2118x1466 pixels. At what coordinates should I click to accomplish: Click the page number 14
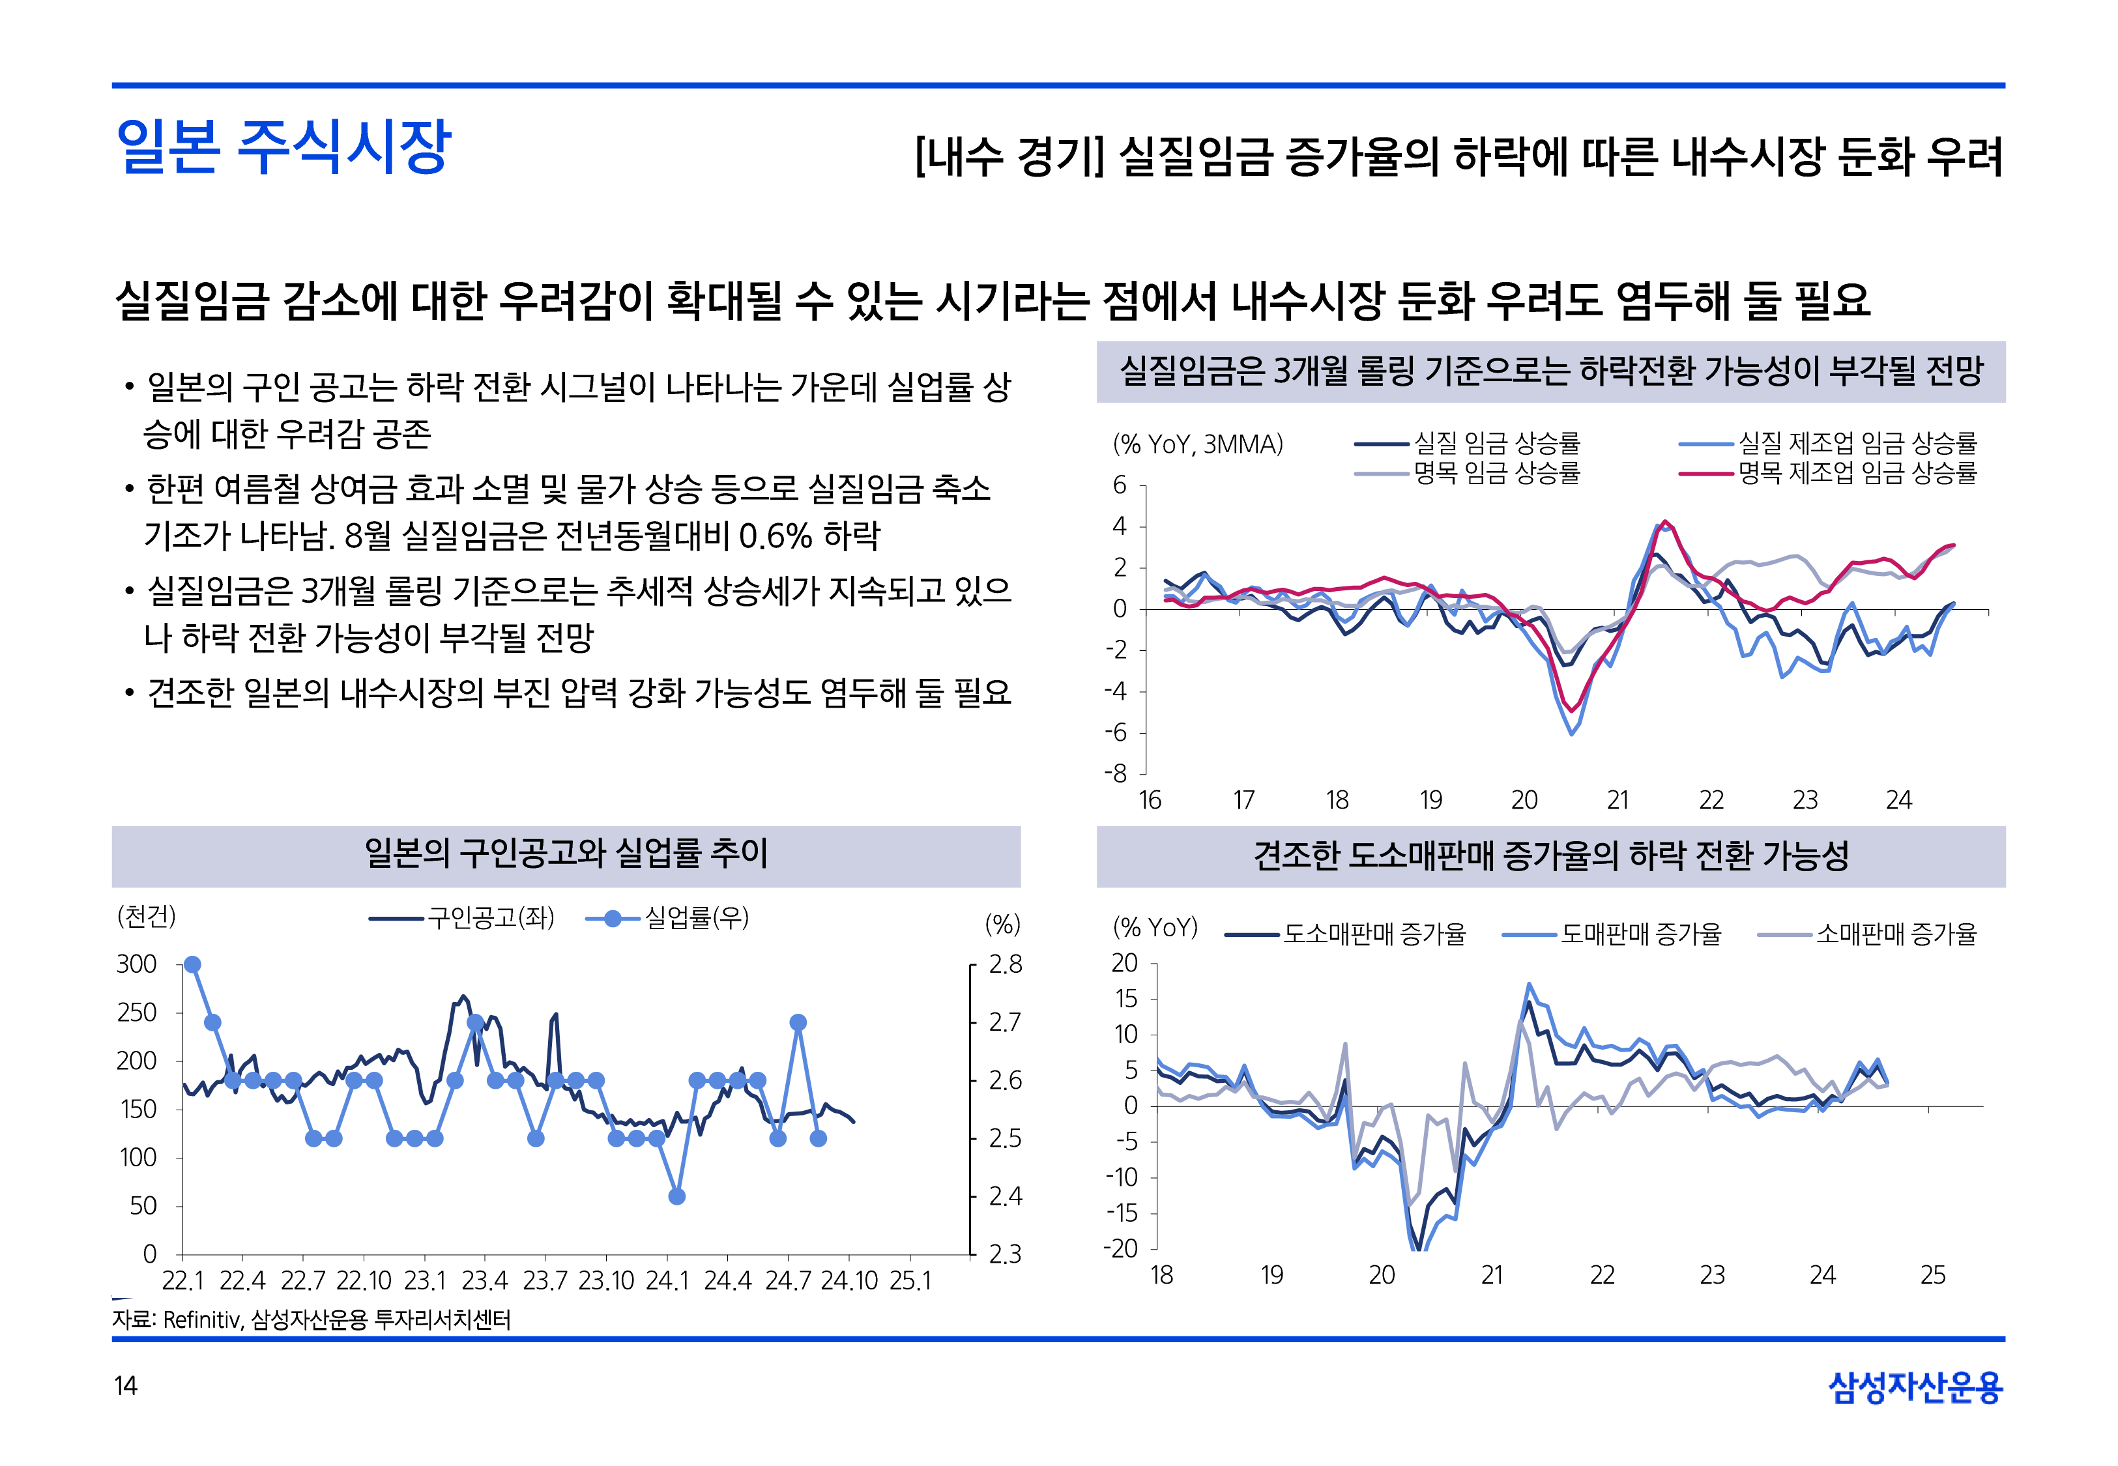tap(125, 1385)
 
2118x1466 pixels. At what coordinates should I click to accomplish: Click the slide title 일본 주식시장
tap(283, 147)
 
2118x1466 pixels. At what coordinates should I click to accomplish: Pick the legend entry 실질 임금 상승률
tap(1496, 444)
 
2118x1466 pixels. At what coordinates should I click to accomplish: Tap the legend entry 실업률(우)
tap(696, 917)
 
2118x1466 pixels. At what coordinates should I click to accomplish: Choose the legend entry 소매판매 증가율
tap(1896, 935)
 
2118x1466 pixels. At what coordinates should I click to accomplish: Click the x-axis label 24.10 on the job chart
tap(849, 1280)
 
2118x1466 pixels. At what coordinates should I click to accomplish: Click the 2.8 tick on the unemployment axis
tap(1005, 964)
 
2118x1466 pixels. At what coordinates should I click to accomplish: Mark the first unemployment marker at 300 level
tap(192, 964)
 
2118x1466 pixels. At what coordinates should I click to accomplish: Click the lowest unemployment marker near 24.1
tap(677, 1196)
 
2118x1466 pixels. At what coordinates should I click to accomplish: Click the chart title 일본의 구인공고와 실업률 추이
tap(566, 854)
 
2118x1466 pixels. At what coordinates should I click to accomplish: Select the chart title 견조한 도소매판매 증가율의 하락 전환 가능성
tap(1550, 856)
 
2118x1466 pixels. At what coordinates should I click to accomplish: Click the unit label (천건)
tap(146, 916)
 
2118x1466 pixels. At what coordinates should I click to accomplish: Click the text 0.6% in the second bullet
tap(776, 536)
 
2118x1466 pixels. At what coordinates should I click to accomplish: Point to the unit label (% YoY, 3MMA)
tap(1198, 444)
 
